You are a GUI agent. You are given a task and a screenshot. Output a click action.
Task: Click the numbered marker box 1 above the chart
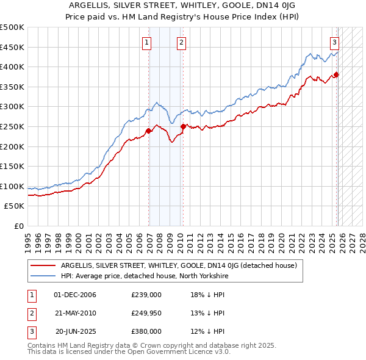[148, 42]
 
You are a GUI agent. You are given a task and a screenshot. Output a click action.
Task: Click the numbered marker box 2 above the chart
[182, 42]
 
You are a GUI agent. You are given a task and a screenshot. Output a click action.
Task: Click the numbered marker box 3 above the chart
[335, 42]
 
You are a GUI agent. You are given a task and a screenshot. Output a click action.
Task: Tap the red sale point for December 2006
[148, 131]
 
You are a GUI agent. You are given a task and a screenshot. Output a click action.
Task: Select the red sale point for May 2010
[183, 126]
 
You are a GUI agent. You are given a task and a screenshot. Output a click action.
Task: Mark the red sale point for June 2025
[336, 74]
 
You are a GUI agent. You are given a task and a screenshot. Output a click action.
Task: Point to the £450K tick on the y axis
[12, 47]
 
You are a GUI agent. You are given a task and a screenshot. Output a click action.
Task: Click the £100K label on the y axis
[12, 186]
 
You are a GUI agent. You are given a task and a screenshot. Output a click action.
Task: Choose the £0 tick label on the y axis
[18, 226]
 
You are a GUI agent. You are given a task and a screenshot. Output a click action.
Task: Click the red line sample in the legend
[43, 265]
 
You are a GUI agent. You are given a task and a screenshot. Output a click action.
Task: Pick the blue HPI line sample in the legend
[43, 276]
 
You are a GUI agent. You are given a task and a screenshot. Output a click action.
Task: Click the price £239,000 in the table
[146, 295]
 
